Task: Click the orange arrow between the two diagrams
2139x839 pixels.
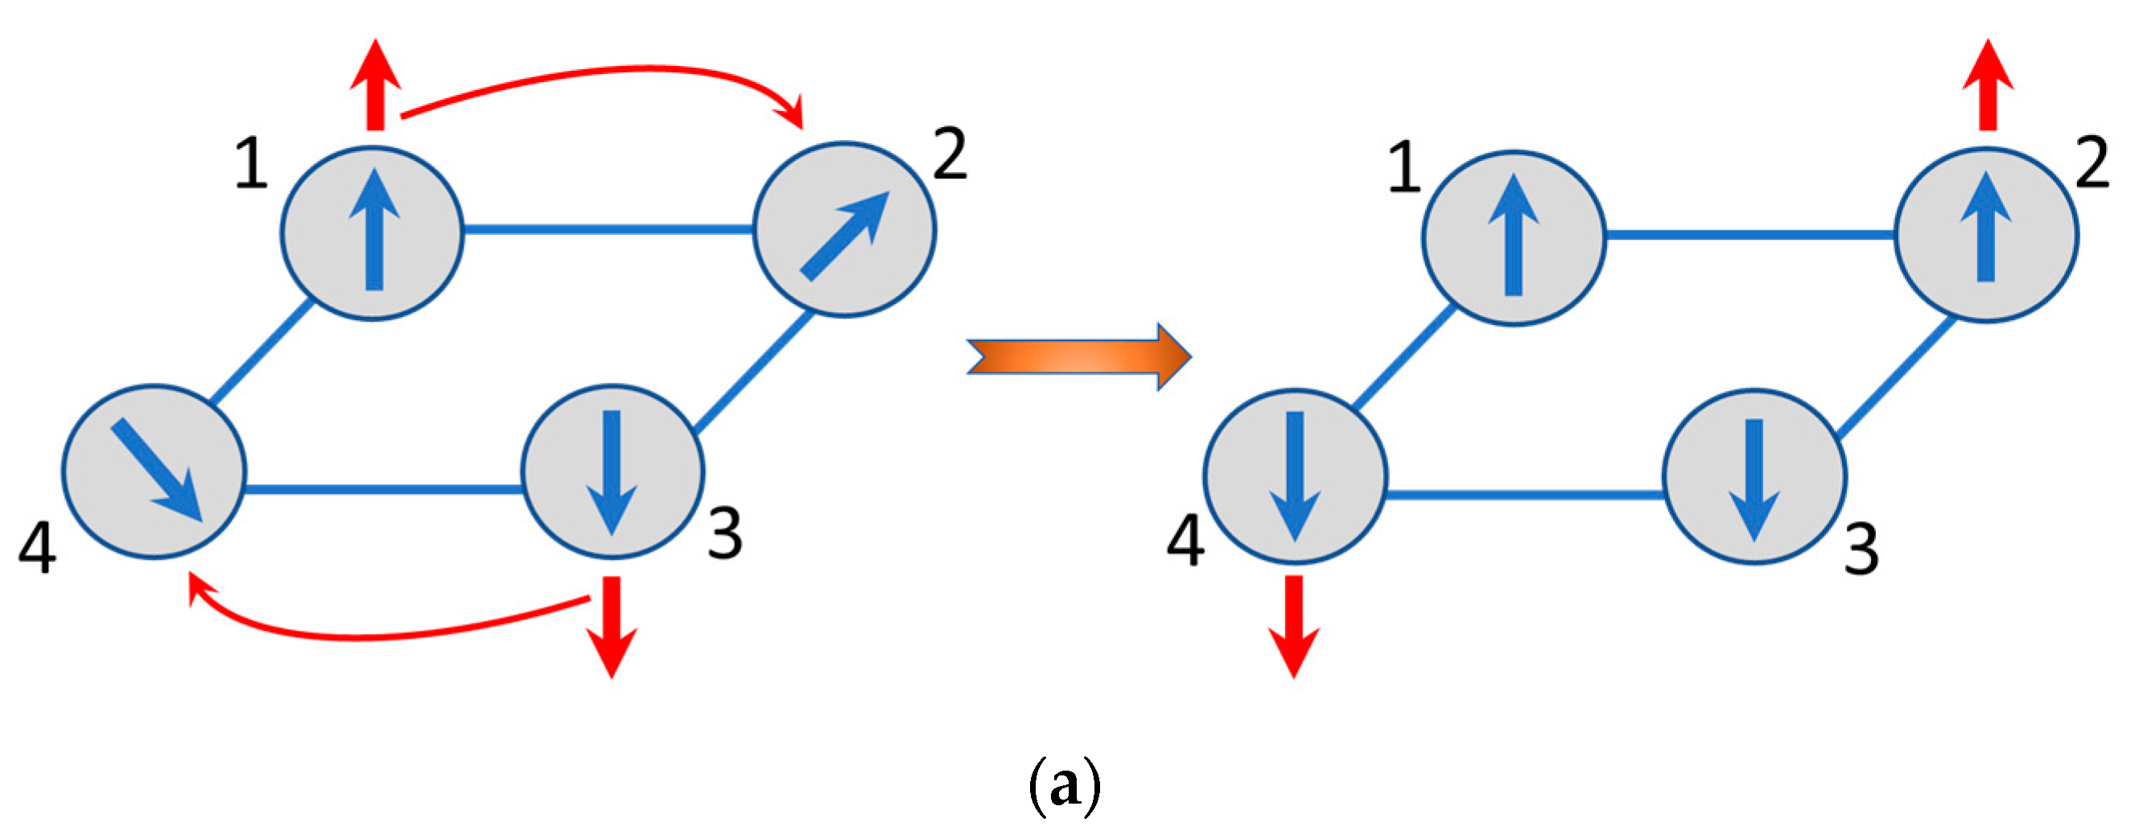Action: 1079,357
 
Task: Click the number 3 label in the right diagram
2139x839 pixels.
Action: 1861,550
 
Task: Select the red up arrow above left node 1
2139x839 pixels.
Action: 375,87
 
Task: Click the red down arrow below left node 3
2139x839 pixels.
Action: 612,627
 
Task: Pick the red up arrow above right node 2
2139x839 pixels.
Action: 1988,87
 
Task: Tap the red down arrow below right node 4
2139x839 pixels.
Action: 1294,627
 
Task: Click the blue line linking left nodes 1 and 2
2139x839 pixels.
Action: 606,229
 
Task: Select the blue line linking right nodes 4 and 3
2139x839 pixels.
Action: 1523,496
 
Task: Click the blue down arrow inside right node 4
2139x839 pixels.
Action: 1295,476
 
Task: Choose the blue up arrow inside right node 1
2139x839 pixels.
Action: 1514,236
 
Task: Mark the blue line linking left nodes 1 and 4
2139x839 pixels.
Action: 262,352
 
